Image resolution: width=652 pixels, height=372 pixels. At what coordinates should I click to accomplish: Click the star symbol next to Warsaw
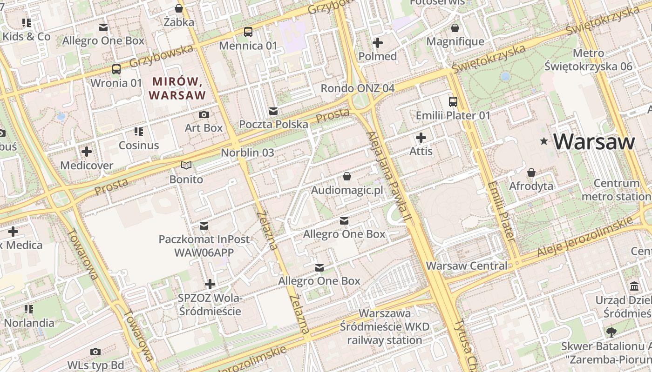tap(543, 141)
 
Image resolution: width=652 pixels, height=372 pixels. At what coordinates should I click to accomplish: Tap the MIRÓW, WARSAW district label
tap(177, 88)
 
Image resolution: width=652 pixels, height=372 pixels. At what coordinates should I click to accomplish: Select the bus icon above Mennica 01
tap(248, 32)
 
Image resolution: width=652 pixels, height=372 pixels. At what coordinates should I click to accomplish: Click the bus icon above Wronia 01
tap(116, 69)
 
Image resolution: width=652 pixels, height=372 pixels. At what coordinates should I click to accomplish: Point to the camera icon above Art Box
tap(204, 114)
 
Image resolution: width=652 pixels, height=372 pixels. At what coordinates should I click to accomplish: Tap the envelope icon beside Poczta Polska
tap(273, 111)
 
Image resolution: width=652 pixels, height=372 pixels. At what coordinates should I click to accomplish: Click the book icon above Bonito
tap(186, 166)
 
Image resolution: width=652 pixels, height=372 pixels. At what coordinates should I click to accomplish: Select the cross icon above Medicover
tap(87, 152)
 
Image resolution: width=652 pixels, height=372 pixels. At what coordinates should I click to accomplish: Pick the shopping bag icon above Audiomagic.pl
tap(347, 176)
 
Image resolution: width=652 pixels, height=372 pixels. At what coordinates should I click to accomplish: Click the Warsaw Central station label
tap(467, 266)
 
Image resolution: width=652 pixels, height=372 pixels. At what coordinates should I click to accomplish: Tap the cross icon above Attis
tap(421, 138)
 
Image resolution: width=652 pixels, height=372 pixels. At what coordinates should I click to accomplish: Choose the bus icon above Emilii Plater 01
tap(453, 101)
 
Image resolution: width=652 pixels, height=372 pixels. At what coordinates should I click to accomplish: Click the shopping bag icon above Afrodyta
tap(531, 173)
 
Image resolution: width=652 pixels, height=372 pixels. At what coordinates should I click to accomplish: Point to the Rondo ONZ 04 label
tap(358, 88)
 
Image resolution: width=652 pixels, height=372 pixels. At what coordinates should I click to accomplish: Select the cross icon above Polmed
tap(378, 43)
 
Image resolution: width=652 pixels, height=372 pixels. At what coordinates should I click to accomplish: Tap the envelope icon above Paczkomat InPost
tap(204, 226)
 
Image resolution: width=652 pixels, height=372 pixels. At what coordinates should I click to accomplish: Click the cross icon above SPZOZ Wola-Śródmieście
tap(210, 284)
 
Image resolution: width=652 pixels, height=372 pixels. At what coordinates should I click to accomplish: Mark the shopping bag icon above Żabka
tap(179, 8)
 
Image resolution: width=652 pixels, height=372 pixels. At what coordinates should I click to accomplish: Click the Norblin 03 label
tap(247, 153)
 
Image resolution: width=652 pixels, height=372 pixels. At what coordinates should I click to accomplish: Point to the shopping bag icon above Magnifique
tap(455, 28)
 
